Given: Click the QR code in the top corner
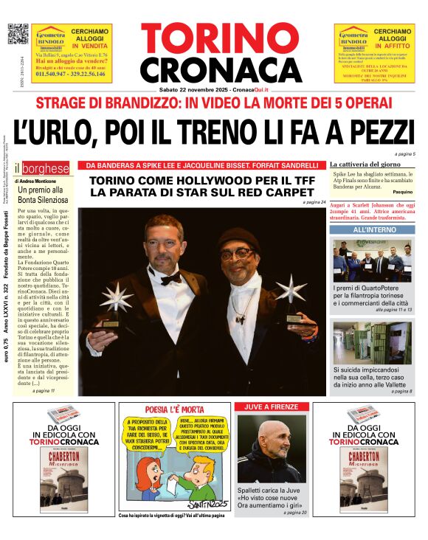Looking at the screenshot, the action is [18, 35].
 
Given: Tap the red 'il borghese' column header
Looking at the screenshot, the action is [46, 167].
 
